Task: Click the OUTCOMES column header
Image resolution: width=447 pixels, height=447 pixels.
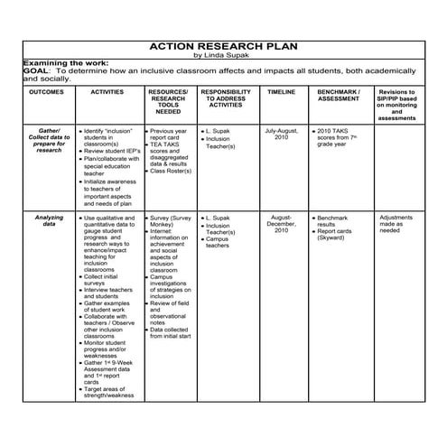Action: pos(46,92)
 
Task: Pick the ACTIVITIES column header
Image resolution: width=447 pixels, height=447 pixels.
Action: pos(107,92)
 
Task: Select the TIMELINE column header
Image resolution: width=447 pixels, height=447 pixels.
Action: pos(281,92)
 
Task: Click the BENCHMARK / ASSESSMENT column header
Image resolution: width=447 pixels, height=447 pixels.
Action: pos(339,96)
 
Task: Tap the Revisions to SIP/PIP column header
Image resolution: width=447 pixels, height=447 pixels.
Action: pos(396,105)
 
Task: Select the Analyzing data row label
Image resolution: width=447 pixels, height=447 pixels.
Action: pos(49,221)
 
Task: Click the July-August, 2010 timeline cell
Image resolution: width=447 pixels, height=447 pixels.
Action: pos(281,134)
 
